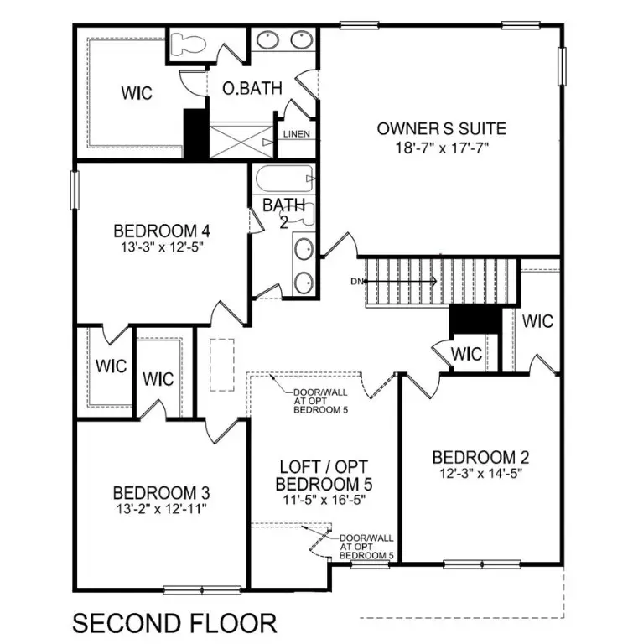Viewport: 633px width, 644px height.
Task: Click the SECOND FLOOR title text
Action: click(174, 623)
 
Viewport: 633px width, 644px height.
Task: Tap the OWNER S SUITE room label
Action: click(441, 128)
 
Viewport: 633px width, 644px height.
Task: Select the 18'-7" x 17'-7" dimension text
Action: click(441, 148)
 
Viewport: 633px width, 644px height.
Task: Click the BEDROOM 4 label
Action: click(161, 231)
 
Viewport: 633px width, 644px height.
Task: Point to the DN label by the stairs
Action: click(356, 281)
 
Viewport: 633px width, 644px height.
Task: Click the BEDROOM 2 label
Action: click(481, 457)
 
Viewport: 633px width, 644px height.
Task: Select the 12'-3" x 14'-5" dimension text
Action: click(481, 474)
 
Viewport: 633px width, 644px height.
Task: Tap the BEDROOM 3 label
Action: click(161, 491)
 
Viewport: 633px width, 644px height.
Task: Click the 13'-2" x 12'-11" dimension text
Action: click(161, 507)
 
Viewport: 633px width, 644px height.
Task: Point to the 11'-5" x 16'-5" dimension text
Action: click(324, 500)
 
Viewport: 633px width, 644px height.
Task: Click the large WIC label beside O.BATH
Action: click(136, 92)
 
